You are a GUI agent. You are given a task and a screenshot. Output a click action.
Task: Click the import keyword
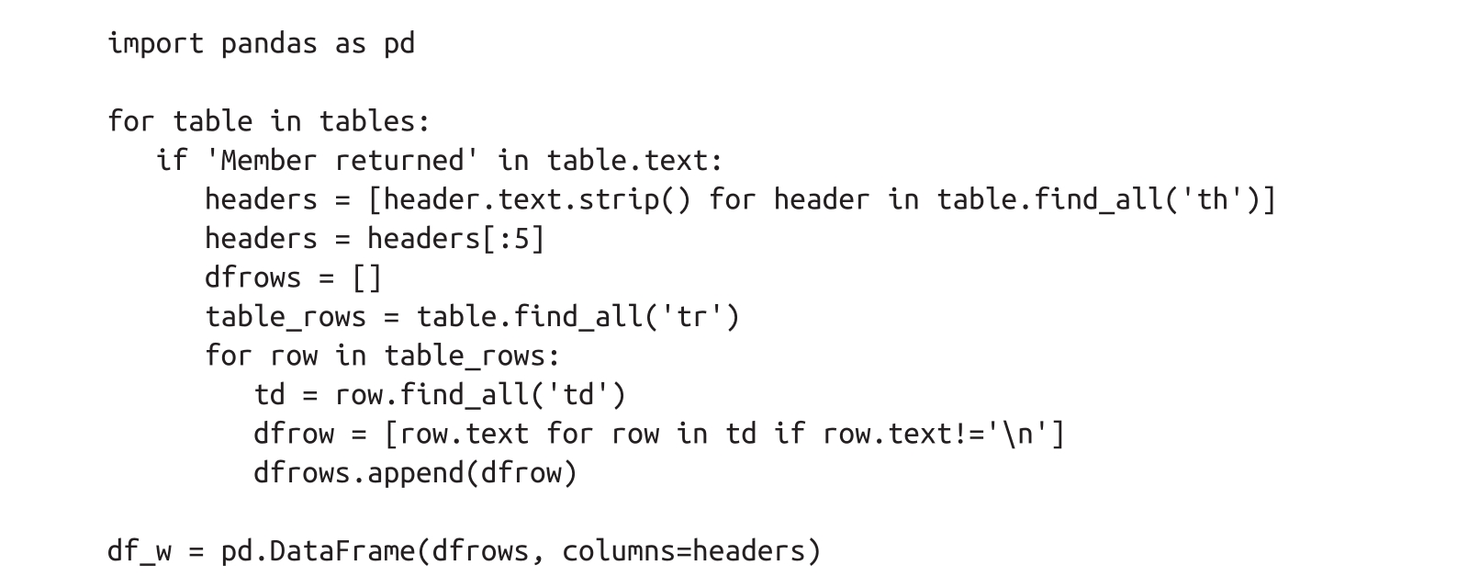(155, 43)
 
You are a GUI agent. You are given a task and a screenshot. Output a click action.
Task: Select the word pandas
(269, 43)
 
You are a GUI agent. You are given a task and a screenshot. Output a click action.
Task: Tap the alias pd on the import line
(399, 43)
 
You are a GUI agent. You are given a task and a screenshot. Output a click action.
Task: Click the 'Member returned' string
(342, 161)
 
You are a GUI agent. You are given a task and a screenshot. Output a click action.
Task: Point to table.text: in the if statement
(635, 161)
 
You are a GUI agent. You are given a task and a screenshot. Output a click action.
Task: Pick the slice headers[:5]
(455, 239)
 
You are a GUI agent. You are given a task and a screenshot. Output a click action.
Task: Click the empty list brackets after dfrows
(366, 277)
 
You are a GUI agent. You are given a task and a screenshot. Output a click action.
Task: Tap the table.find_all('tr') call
(577, 317)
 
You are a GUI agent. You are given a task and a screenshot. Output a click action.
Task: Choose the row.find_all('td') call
(480, 395)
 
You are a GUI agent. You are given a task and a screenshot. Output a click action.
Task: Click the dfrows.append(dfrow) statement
(415, 473)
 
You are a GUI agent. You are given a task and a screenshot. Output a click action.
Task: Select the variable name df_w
(140, 551)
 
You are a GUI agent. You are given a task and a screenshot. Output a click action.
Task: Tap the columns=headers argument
(691, 551)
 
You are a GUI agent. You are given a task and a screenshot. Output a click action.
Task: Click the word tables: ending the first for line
(375, 121)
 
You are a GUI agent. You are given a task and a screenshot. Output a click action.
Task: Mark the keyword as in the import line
(350, 43)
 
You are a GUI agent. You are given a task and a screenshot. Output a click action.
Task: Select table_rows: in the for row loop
(472, 356)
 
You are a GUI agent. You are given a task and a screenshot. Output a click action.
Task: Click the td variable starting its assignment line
(270, 395)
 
